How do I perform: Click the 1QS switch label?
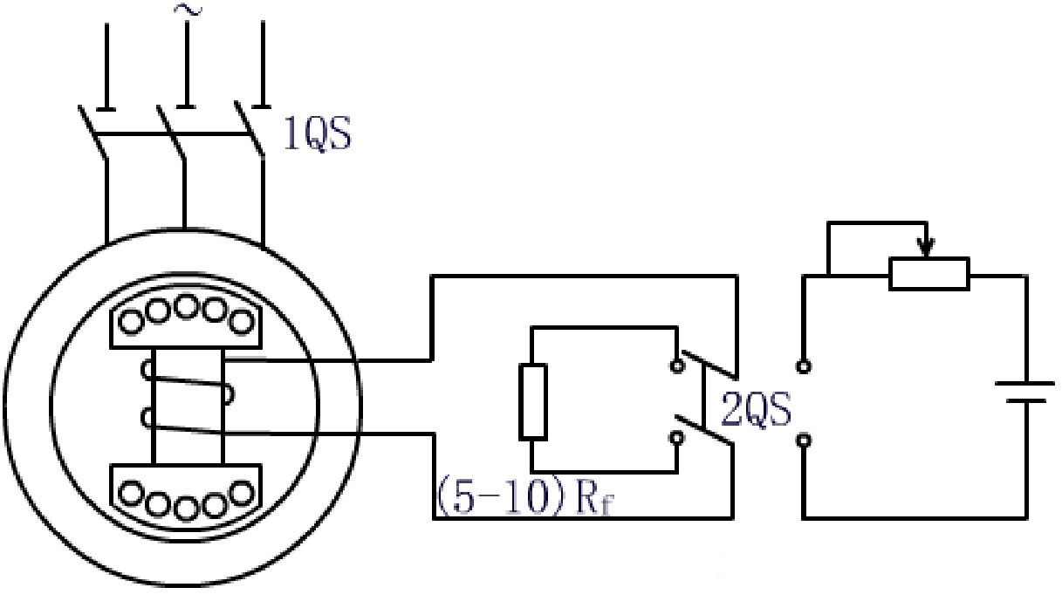[x=317, y=134]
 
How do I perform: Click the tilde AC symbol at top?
[x=188, y=10]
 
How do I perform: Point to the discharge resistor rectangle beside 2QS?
[x=533, y=402]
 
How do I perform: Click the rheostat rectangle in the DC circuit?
[x=929, y=273]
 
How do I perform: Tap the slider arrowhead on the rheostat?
[x=926, y=248]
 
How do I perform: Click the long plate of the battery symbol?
[x=1024, y=384]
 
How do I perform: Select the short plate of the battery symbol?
[x=1025, y=401]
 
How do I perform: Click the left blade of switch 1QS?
[x=92, y=132]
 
